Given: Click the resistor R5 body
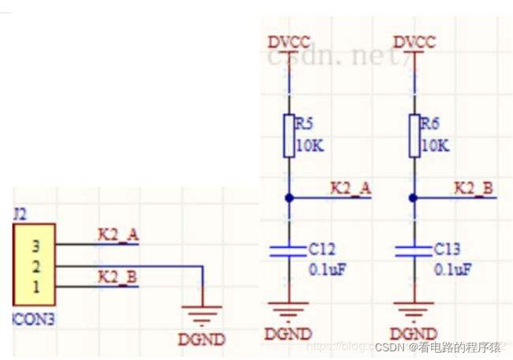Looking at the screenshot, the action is coord(289,137).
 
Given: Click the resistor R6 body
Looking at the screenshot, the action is coord(414,137).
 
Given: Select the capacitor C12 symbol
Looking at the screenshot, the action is coord(289,251).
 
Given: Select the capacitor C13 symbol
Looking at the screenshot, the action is coord(414,251).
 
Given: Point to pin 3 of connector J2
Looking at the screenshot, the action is coord(36,245).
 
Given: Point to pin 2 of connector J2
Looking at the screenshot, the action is coord(36,265).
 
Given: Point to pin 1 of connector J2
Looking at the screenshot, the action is coord(36,285).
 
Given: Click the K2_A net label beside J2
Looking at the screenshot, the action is coord(118,234).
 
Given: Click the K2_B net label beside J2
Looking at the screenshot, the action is coord(118,276).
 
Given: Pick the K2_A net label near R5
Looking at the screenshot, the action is coord(350,188).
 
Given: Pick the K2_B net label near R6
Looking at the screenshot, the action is coord(474,188).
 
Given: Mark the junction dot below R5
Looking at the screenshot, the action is coord(289,197).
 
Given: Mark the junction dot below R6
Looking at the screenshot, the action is coord(414,197).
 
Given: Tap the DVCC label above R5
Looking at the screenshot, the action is coord(289,42).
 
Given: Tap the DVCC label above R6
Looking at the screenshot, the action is coord(414,42).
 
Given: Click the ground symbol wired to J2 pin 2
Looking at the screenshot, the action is coord(203,314).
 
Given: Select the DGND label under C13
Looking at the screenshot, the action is coord(414,333).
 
